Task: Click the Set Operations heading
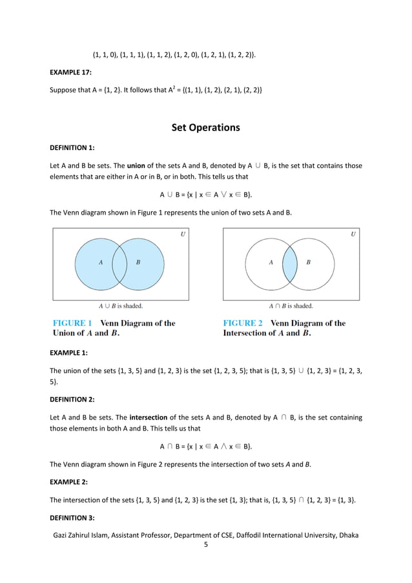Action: (x=205, y=127)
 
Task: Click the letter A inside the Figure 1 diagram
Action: (x=100, y=262)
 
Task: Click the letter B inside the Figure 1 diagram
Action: (x=138, y=262)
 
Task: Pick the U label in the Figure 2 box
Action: (x=353, y=235)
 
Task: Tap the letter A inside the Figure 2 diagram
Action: (x=271, y=262)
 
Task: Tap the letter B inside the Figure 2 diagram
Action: (x=308, y=262)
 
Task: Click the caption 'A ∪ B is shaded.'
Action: (x=120, y=306)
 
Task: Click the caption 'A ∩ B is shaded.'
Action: (x=291, y=306)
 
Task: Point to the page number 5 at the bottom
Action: (x=205, y=545)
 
